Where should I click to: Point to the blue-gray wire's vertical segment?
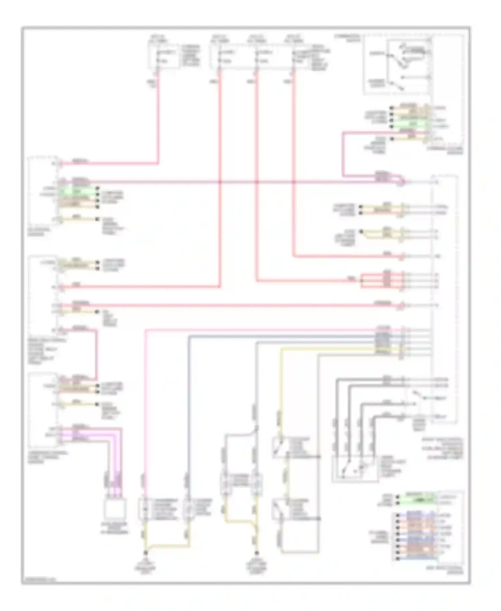[x=188, y=401]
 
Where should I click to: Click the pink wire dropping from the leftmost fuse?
[x=158, y=117]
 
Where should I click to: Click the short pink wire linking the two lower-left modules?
[x=97, y=354]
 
